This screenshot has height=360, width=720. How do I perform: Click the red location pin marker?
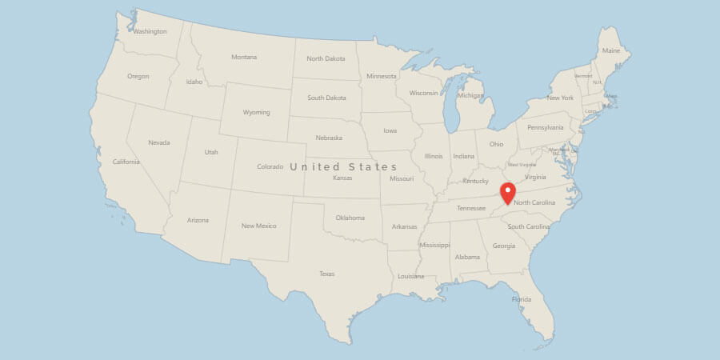click(x=506, y=193)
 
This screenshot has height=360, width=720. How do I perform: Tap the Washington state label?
click(x=150, y=32)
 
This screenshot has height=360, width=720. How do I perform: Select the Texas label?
click(x=326, y=274)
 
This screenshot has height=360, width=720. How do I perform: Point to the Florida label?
click(x=522, y=300)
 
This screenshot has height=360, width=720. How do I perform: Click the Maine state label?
click(x=611, y=50)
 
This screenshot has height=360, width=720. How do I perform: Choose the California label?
click(x=126, y=162)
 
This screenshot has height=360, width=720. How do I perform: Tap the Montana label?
click(x=244, y=57)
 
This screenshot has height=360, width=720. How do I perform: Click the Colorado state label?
click(x=270, y=166)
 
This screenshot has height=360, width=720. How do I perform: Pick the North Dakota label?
click(x=326, y=58)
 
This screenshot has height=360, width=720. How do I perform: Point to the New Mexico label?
click(x=259, y=226)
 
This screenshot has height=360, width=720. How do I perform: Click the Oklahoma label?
click(x=350, y=218)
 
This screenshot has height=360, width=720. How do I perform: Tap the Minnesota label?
click(x=381, y=76)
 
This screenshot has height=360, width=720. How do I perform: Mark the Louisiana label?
click(x=410, y=276)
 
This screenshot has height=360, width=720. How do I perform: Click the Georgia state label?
click(x=504, y=246)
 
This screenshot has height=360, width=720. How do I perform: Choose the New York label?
click(x=560, y=98)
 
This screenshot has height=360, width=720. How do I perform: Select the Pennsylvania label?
click(x=545, y=127)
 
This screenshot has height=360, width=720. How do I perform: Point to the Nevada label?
click(x=159, y=142)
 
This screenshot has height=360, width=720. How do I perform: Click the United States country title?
click(x=343, y=166)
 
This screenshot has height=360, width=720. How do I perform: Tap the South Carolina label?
click(x=528, y=226)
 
